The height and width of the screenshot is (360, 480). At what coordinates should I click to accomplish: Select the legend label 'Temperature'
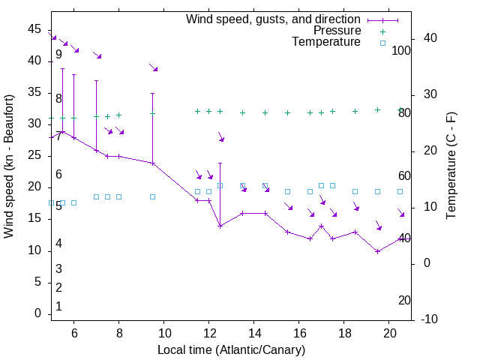coord(326,42)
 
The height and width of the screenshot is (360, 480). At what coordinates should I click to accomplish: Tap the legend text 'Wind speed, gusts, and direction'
coord(274,19)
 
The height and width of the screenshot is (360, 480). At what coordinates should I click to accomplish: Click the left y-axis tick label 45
coord(34,28)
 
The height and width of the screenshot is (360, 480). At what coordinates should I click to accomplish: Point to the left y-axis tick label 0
coord(37,313)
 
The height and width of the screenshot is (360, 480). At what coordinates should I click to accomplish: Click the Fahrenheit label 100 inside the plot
coord(401,50)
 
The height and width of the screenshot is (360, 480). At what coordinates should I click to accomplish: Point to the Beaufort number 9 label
coord(58,55)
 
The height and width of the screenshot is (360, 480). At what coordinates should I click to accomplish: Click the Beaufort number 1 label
coord(58,307)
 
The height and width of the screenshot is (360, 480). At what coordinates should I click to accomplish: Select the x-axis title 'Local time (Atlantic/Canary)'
coord(231,350)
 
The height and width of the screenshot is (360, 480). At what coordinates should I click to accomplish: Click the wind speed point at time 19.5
coord(377,250)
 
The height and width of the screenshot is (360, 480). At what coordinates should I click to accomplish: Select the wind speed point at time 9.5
coord(152,163)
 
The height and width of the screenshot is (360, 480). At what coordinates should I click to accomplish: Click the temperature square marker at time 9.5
coord(152,196)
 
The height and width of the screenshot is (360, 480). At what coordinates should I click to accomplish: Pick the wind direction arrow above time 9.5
coord(153,67)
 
